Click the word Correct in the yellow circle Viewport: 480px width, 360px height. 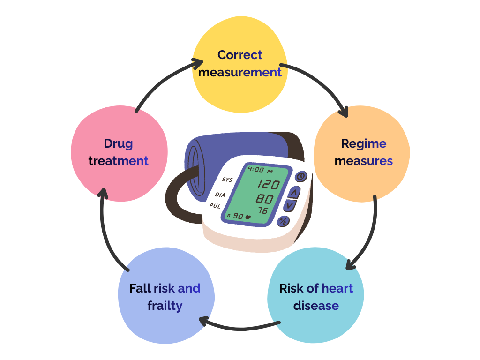(240, 55)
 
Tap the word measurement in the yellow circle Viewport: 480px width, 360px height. (240, 72)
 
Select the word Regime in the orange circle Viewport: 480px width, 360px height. (364, 143)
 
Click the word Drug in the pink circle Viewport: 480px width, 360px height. (118, 143)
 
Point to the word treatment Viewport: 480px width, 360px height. (118, 161)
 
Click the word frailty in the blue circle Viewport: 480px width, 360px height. (165, 306)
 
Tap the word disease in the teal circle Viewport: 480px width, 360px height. (316, 306)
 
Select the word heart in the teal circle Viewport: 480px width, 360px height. (337, 288)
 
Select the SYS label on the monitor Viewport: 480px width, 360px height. (227, 180)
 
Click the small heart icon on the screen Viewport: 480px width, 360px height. (248, 217)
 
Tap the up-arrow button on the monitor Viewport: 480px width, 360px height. (294, 191)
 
